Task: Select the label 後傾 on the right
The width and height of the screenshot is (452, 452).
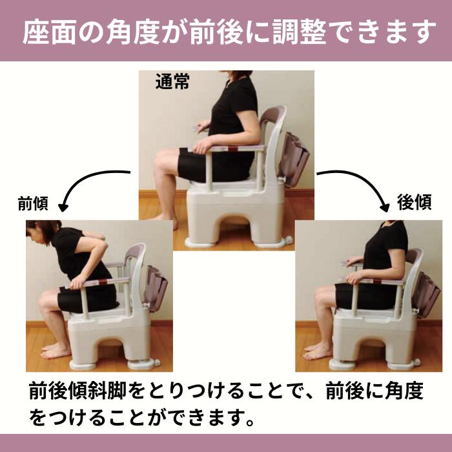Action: (x=414, y=203)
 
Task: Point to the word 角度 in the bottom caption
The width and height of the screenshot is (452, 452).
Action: (x=406, y=391)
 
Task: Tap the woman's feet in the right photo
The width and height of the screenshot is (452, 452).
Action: (x=318, y=352)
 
